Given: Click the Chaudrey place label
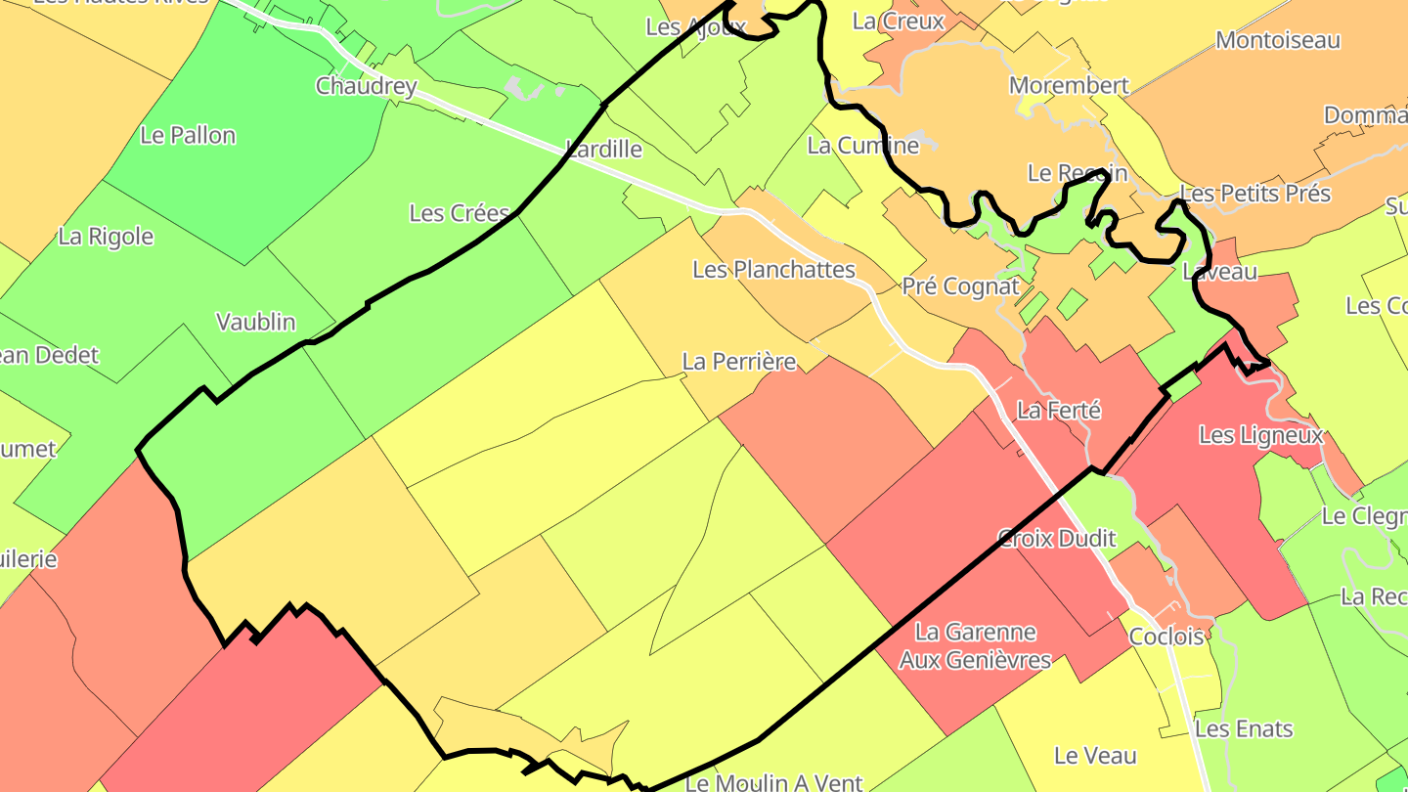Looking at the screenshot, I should [x=366, y=86].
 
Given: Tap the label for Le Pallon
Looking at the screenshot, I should [x=188, y=135].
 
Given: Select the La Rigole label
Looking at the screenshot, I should [x=106, y=236].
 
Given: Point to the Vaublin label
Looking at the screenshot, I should [x=255, y=322].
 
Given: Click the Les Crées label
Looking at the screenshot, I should [x=459, y=212].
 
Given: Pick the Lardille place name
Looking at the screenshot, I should [x=603, y=149].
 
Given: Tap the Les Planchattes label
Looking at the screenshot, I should [x=773, y=269].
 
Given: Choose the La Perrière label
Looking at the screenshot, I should [x=738, y=361].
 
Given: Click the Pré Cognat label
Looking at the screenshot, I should [x=960, y=286].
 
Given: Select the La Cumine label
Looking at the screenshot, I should [x=862, y=146].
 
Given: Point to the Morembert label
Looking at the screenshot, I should [x=1069, y=85].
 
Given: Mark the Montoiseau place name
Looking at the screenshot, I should [x=1277, y=40].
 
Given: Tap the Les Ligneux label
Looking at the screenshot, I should [x=1260, y=435].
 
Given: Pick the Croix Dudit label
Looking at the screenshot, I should [x=1056, y=537].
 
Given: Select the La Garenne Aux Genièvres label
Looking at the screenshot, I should [x=975, y=646].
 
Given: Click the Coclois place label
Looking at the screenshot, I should [x=1166, y=637].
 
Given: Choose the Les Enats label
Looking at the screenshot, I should [x=1244, y=728].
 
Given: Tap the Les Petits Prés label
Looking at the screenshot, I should [x=1255, y=193].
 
